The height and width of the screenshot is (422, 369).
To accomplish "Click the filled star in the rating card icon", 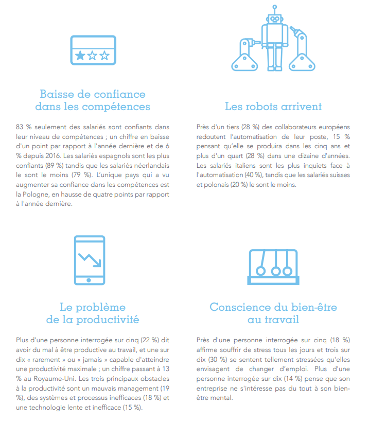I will point(80,56).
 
